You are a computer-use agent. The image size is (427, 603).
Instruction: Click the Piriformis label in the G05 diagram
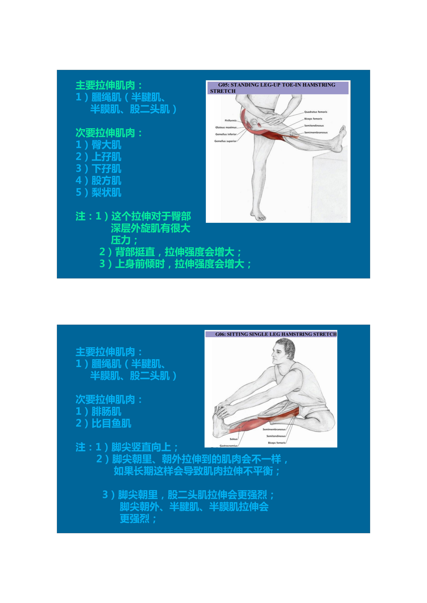tap(230, 121)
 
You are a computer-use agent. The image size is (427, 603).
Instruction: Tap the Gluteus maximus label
tap(226, 127)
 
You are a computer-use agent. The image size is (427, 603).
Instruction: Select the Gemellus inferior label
tap(226, 134)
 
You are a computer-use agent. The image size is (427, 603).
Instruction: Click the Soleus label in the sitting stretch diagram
tap(233, 439)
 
